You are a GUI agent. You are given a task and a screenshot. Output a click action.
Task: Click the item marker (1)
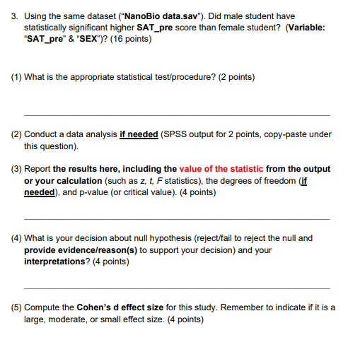coord(16,77)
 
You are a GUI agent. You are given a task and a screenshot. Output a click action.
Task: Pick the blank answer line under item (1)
coord(176,115)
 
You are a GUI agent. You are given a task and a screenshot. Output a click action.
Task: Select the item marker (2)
coord(16,134)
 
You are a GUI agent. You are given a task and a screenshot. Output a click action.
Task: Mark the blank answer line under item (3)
coord(176,218)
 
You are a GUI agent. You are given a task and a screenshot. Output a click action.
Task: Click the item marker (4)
coord(16,238)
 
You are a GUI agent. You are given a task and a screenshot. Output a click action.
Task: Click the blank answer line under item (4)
coord(176,287)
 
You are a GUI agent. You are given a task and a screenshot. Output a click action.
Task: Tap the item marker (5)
coord(16,307)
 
